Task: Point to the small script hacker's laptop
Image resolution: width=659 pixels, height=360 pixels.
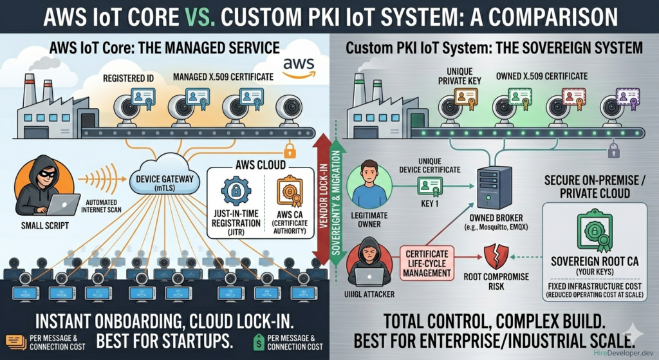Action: pyautogui.click(x=62, y=205)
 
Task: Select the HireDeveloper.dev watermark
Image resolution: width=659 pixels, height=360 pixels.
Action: pyautogui.click(x=619, y=352)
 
